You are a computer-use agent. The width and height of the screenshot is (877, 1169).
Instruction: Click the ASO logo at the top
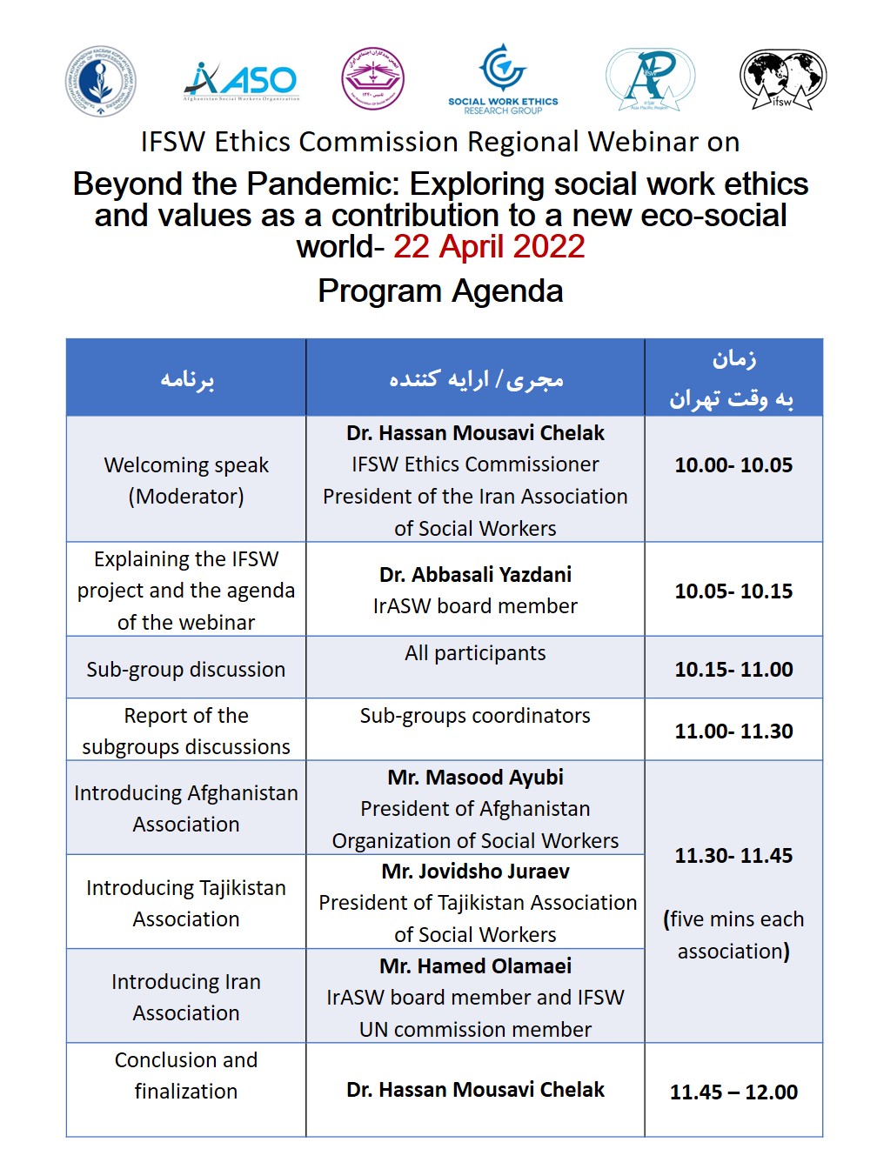(x=241, y=81)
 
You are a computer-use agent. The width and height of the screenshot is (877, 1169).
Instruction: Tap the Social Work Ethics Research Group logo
(x=503, y=79)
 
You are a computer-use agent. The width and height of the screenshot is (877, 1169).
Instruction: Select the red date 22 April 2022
(x=489, y=247)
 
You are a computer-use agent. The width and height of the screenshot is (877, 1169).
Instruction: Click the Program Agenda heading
(x=440, y=291)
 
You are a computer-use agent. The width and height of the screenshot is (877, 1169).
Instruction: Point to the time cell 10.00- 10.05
(x=733, y=465)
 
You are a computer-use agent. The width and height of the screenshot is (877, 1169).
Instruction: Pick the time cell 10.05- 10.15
(x=733, y=591)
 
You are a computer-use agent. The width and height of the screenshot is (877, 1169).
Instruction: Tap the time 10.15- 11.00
(x=733, y=670)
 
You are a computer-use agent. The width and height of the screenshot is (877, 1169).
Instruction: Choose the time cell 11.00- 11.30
(x=733, y=731)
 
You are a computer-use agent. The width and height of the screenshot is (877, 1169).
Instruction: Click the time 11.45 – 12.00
(x=733, y=1092)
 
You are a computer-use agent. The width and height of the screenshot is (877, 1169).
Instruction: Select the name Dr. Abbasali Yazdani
(x=475, y=575)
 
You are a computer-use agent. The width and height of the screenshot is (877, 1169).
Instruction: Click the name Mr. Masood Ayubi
(x=475, y=778)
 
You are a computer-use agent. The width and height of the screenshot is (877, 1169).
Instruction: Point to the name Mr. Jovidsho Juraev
(x=475, y=872)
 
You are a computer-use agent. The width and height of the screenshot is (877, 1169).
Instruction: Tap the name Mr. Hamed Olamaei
(x=475, y=966)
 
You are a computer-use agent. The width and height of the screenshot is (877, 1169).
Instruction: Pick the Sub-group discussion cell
(x=186, y=670)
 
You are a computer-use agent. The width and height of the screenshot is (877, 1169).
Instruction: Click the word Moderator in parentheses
(x=186, y=497)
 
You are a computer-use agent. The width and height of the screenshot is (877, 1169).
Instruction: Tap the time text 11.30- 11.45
(x=733, y=856)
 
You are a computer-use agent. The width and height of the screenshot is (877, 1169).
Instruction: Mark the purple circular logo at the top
(x=372, y=79)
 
